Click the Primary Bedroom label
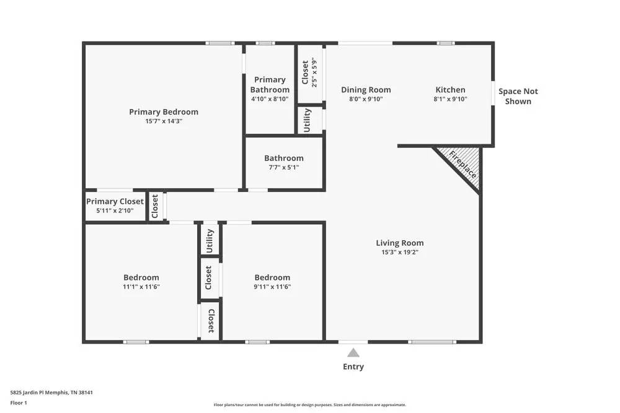[x=164, y=112]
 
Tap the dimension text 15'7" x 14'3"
[x=164, y=121]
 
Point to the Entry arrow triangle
[x=353, y=353]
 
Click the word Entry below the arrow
[x=353, y=367]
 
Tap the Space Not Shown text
[x=518, y=96]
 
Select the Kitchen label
[x=450, y=90]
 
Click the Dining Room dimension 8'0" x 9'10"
[x=366, y=99]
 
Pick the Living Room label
[x=400, y=243]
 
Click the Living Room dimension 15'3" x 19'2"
[x=400, y=252]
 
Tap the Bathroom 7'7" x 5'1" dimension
[x=284, y=167]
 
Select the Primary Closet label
[x=115, y=201]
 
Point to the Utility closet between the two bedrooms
[x=210, y=240]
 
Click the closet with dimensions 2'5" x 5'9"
[x=309, y=73]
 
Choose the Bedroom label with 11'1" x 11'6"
[x=141, y=277]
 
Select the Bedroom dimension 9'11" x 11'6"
[x=272, y=287]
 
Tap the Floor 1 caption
[x=19, y=402]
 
